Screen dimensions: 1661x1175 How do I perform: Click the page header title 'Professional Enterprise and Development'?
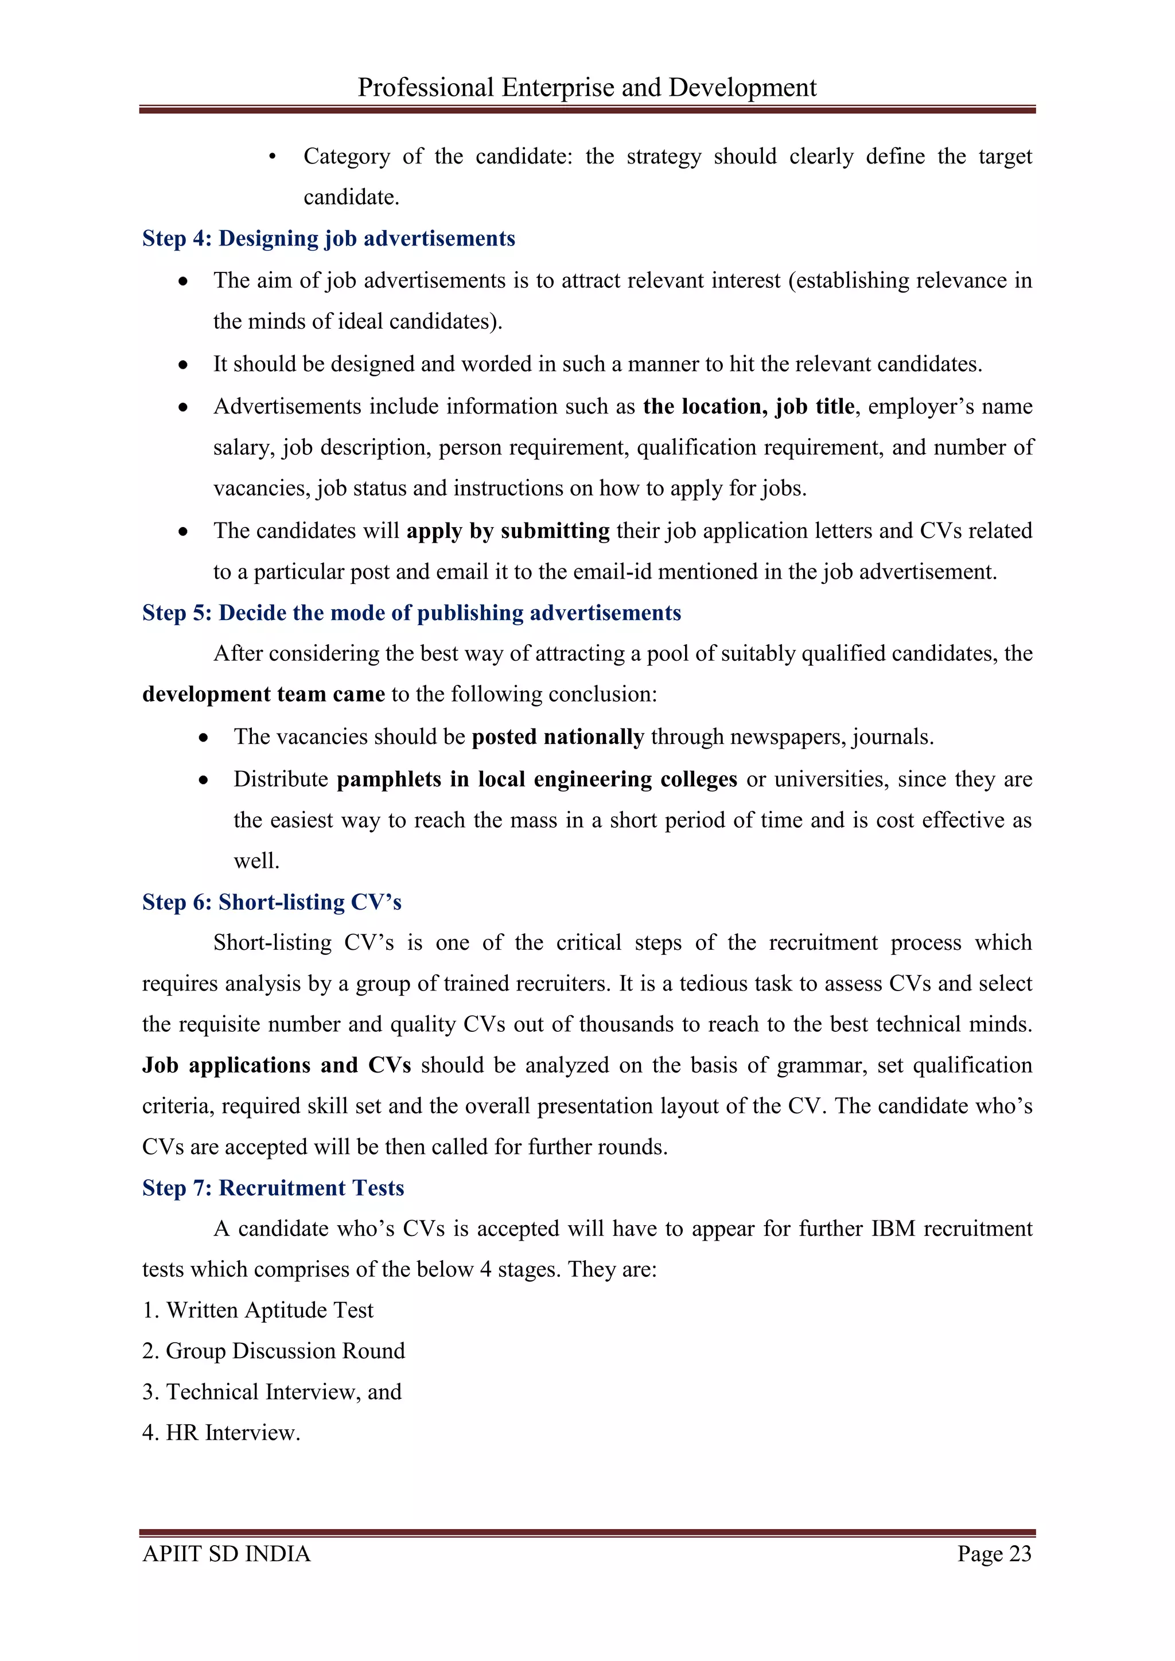click(x=587, y=88)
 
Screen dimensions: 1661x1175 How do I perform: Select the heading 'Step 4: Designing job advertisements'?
click(x=329, y=239)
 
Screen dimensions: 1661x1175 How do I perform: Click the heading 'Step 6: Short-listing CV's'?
click(x=271, y=902)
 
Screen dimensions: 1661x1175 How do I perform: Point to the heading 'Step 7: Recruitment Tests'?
click(x=273, y=1188)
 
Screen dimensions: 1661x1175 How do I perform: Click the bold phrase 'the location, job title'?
click(x=748, y=407)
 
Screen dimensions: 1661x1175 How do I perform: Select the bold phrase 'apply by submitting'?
click(x=508, y=531)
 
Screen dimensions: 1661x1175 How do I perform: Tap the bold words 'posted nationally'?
click(x=558, y=737)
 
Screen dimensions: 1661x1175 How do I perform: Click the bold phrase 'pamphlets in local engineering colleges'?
click(x=537, y=780)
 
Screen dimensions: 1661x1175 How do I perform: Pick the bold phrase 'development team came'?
click(x=263, y=695)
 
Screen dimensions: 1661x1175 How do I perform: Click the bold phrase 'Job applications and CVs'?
click(x=277, y=1066)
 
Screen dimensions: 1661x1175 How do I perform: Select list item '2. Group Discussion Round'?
click(x=274, y=1351)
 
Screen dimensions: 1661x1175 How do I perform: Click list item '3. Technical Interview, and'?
click(x=271, y=1392)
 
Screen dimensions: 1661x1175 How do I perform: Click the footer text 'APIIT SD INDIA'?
click(x=227, y=1554)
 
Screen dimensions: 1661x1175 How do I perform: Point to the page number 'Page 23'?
click(x=994, y=1554)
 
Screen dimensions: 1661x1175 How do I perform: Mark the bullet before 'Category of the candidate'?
click(x=272, y=157)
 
